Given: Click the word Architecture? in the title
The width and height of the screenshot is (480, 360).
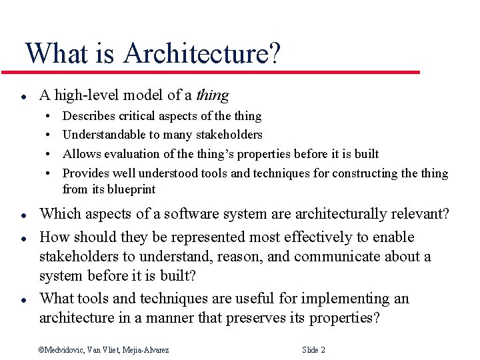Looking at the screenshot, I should pyautogui.click(x=201, y=53).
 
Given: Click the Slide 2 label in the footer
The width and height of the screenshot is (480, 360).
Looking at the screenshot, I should pyautogui.click(x=313, y=350).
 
